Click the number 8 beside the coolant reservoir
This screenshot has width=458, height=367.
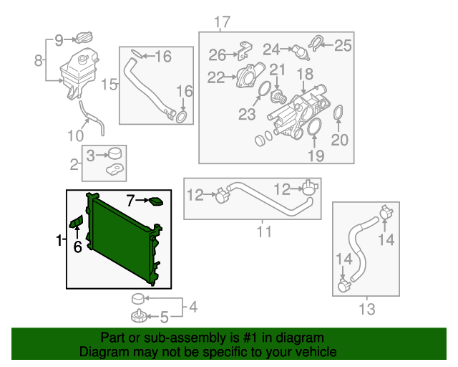[39, 60]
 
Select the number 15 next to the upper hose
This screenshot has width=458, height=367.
[109, 85]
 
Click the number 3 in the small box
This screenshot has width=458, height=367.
[91, 155]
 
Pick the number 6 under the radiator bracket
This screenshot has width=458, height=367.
[77, 247]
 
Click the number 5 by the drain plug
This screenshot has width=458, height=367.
[164, 315]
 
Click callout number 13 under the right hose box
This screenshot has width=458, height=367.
[366, 309]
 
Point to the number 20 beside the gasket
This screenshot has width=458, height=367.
[340, 140]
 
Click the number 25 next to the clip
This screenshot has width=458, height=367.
[343, 46]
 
